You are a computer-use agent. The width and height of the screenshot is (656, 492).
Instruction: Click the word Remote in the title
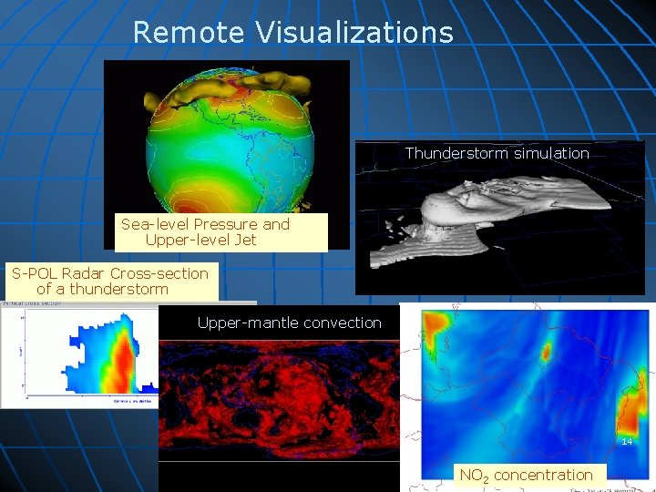(x=189, y=33)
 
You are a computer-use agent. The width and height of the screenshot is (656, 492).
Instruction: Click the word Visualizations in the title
(x=354, y=33)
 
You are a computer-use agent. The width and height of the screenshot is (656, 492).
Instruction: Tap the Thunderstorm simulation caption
(x=497, y=153)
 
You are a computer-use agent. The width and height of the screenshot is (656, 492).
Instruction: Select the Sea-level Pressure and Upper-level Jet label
(x=205, y=232)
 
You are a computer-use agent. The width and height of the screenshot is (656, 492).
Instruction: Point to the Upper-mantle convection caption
(x=289, y=323)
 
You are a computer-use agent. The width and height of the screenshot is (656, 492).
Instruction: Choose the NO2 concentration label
(x=526, y=475)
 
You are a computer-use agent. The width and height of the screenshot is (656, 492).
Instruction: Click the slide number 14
(x=627, y=441)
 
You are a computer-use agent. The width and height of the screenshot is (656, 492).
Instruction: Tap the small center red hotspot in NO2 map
(x=547, y=352)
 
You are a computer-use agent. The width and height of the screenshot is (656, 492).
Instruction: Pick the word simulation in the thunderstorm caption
(x=549, y=153)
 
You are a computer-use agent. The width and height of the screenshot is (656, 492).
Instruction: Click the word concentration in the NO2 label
(x=543, y=475)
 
